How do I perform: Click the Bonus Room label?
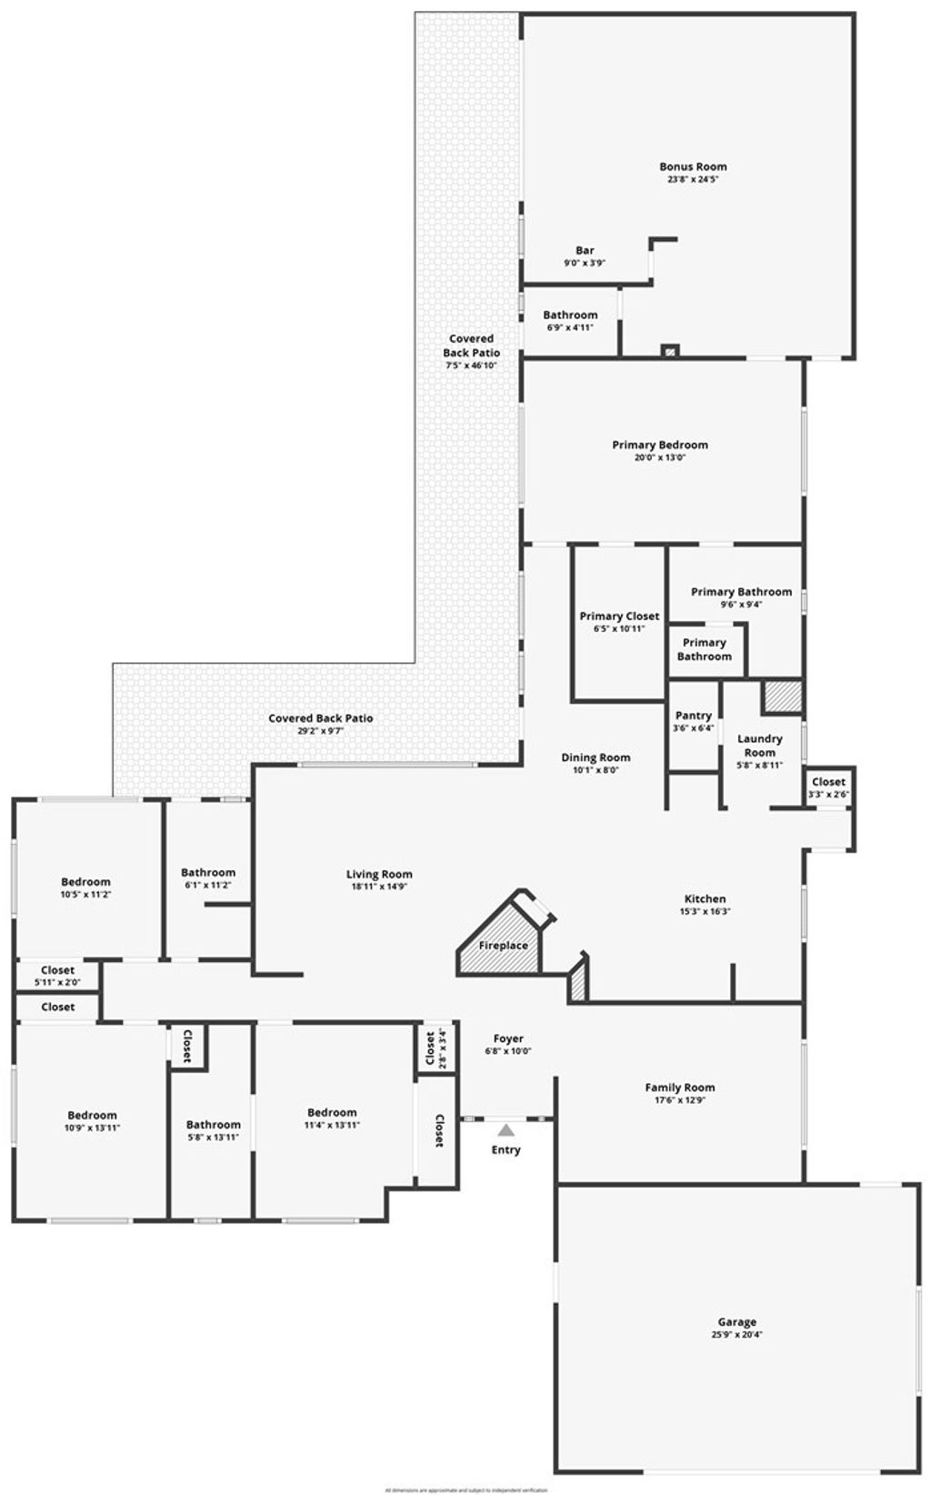[x=693, y=166]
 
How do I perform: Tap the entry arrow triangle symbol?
[x=506, y=1130]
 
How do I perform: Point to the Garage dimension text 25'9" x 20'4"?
[x=736, y=1335]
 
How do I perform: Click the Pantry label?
[x=693, y=716]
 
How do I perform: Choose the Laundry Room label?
[x=759, y=746]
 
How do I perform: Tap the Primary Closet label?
[x=619, y=616]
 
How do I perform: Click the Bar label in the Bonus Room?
[x=585, y=250]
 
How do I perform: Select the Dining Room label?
[x=596, y=758]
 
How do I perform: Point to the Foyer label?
[x=508, y=1038]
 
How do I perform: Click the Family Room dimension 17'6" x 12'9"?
[x=680, y=1100]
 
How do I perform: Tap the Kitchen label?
[x=705, y=898]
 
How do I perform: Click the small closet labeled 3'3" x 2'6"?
[x=828, y=788]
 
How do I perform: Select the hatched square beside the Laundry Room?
[x=782, y=697]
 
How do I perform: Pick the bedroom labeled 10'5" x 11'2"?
[x=86, y=888]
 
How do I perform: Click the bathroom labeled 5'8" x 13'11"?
[x=213, y=1130]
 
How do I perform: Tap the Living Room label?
[x=379, y=874]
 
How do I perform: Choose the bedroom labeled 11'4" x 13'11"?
[x=332, y=1119]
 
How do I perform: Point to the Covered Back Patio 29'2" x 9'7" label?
[x=320, y=718]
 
